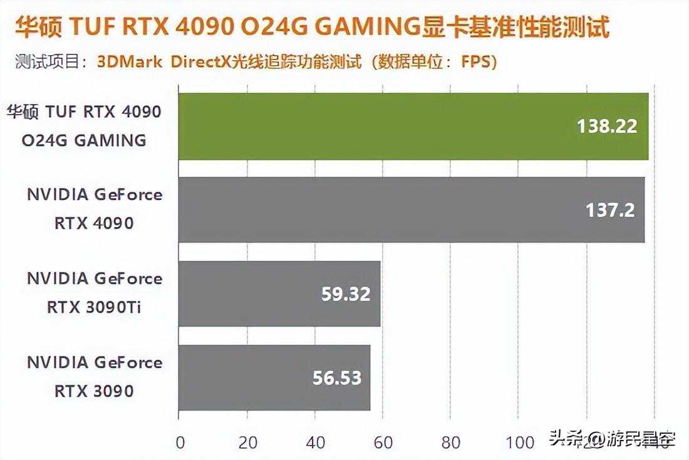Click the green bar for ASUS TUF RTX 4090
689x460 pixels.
(x=413, y=126)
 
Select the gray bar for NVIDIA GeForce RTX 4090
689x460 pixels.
(x=412, y=209)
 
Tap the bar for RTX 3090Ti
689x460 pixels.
(x=279, y=293)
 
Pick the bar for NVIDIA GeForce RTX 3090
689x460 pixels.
(x=274, y=377)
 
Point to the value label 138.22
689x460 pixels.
(x=606, y=127)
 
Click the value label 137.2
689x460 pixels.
(x=610, y=210)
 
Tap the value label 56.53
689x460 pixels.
(x=337, y=378)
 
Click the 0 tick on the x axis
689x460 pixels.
(x=180, y=442)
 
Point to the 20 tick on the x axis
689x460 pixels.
(x=248, y=442)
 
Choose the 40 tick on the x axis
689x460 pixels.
(x=316, y=442)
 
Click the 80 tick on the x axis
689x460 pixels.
(x=451, y=442)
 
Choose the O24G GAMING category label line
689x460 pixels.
(x=84, y=140)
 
